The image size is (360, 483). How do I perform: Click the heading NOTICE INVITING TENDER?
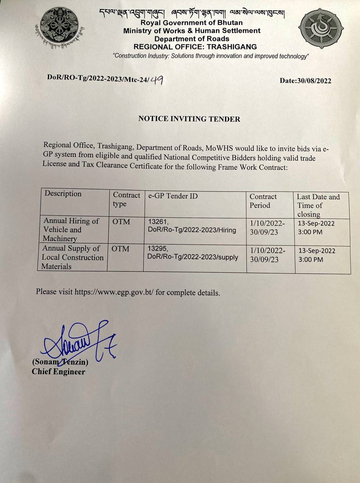click(x=189, y=119)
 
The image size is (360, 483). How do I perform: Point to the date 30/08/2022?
click(x=314, y=81)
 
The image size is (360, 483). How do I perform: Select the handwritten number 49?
click(x=156, y=80)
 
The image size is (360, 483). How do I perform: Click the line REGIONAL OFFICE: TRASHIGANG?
click(x=195, y=47)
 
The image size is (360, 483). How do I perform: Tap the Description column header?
click(x=63, y=194)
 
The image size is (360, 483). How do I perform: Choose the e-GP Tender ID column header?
click(x=173, y=196)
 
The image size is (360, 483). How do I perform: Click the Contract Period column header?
click(x=263, y=201)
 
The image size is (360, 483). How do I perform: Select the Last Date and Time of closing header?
click(x=318, y=205)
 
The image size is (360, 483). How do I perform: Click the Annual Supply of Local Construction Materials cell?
click(x=72, y=257)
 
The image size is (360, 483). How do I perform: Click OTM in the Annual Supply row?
click(x=120, y=249)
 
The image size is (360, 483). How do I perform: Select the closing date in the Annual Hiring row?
click(x=316, y=223)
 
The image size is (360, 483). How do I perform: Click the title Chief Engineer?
click(x=58, y=372)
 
